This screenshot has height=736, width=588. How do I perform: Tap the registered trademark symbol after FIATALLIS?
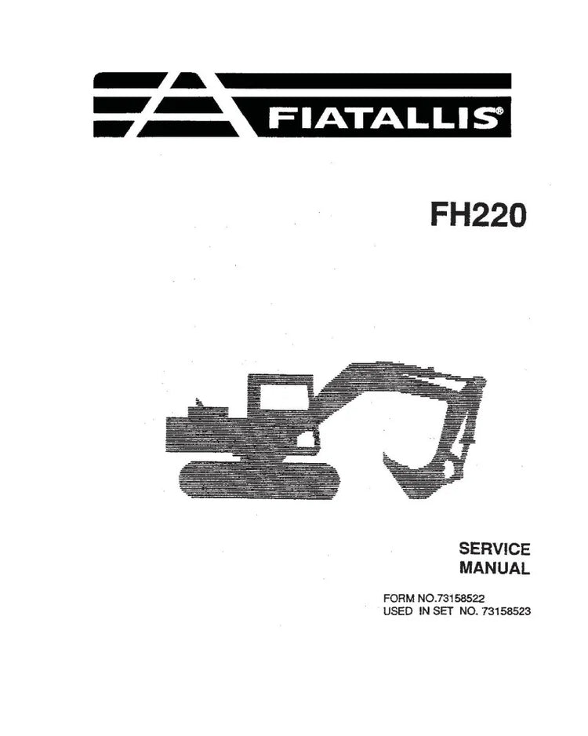click(x=500, y=111)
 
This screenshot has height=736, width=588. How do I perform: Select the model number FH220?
click(x=478, y=216)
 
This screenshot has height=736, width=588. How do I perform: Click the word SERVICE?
click(x=495, y=548)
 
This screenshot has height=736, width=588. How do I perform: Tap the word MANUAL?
click(x=495, y=568)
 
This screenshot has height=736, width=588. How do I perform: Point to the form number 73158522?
click(x=460, y=599)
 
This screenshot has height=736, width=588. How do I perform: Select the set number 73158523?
click(x=503, y=611)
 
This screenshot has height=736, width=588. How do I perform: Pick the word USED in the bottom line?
click(x=397, y=611)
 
